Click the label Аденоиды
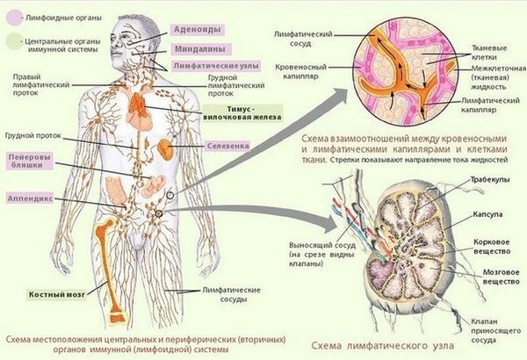(198, 30)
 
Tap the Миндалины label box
(200, 49)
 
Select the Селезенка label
(227, 146)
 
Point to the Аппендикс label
(30, 198)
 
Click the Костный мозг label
(56, 295)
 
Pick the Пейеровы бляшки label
(30, 161)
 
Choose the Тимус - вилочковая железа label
(242, 113)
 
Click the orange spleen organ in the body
(166, 149)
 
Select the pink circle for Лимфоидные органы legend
(14, 18)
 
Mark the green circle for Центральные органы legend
(14, 41)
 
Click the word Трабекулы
(489, 179)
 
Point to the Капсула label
(487, 214)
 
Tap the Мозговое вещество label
(502, 277)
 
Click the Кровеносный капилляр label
(300, 72)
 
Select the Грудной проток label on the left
(33, 135)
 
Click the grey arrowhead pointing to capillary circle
(339, 93)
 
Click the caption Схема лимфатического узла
(382, 345)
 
